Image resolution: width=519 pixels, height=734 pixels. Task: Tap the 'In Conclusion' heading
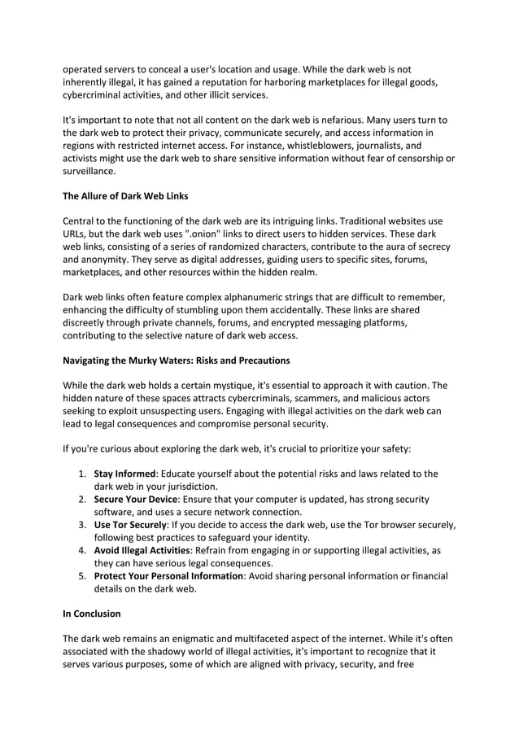click(x=91, y=614)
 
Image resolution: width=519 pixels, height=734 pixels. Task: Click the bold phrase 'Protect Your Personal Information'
click(x=168, y=576)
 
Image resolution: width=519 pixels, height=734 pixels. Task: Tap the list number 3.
click(x=83, y=525)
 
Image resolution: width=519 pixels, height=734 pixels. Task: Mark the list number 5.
click(x=83, y=576)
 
